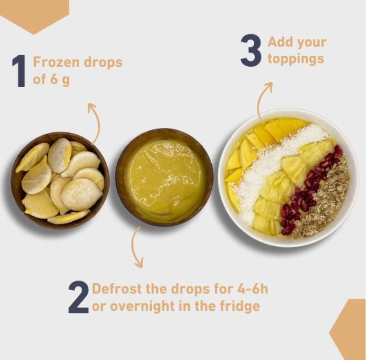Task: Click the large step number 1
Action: pos(19,71)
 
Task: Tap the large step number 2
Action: pos(78,297)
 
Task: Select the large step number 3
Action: pos(251,50)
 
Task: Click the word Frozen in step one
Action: pos(56,62)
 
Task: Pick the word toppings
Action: pos(296,58)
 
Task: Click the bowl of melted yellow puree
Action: pos(164,178)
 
